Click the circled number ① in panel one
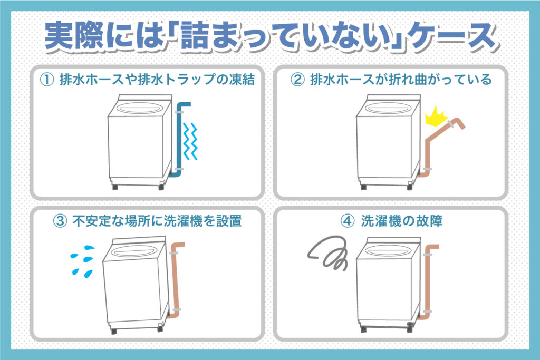pyautogui.click(x=47, y=80)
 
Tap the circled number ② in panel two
pyautogui.click(x=297, y=80)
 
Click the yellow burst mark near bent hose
pyautogui.click(x=436, y=114)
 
